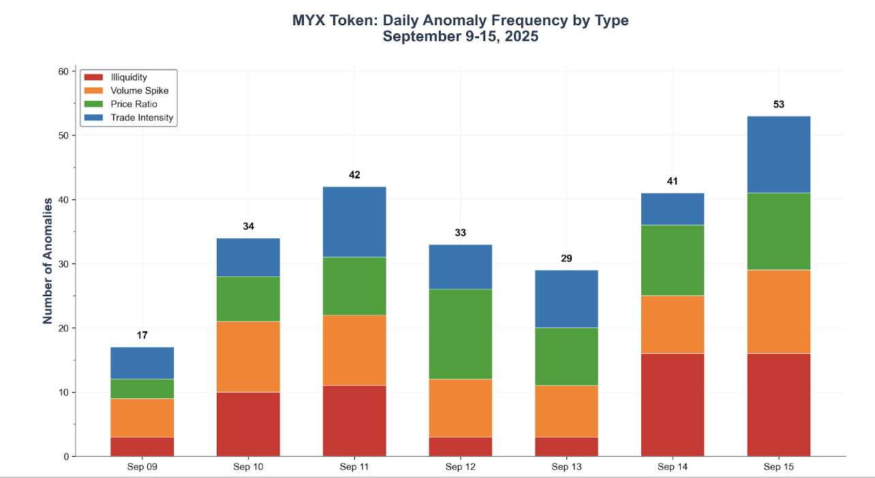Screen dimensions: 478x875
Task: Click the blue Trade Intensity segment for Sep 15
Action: click(x=778, y=155)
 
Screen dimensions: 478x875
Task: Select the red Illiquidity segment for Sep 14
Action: click(x=672, y=404)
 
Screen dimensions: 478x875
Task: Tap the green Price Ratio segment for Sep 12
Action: click(x=460, y=334)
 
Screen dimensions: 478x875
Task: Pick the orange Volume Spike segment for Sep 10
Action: click(x=248, y=357)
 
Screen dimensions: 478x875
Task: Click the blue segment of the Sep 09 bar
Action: click(x=142, y=363)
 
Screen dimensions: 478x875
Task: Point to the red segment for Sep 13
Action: click(x=566, y=447)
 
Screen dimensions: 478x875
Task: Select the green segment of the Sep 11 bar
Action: click(x=354, y=286)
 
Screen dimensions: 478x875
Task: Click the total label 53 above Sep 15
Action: click(x=778, y=105)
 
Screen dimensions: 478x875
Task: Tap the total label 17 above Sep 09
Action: click(x=142, y=336)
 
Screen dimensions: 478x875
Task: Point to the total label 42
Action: click(x=354, y=175)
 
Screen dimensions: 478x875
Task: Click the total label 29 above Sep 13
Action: click(x=566, y=259)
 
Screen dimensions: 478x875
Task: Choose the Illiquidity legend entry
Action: click(x=128, y=78)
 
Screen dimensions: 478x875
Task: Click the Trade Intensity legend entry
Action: click(x=142, y=118)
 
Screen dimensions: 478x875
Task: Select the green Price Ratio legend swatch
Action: click(x=93, y=104)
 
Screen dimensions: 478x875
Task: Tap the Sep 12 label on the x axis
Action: click(x=460, y=467)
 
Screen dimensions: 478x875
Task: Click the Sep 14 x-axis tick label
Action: click(x=672, y=467)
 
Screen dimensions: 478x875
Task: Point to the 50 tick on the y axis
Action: click(x=63, y=136)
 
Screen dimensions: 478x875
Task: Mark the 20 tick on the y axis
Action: click(x=63, y=328)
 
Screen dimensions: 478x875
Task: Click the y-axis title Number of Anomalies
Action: click(x=48, y=261)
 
